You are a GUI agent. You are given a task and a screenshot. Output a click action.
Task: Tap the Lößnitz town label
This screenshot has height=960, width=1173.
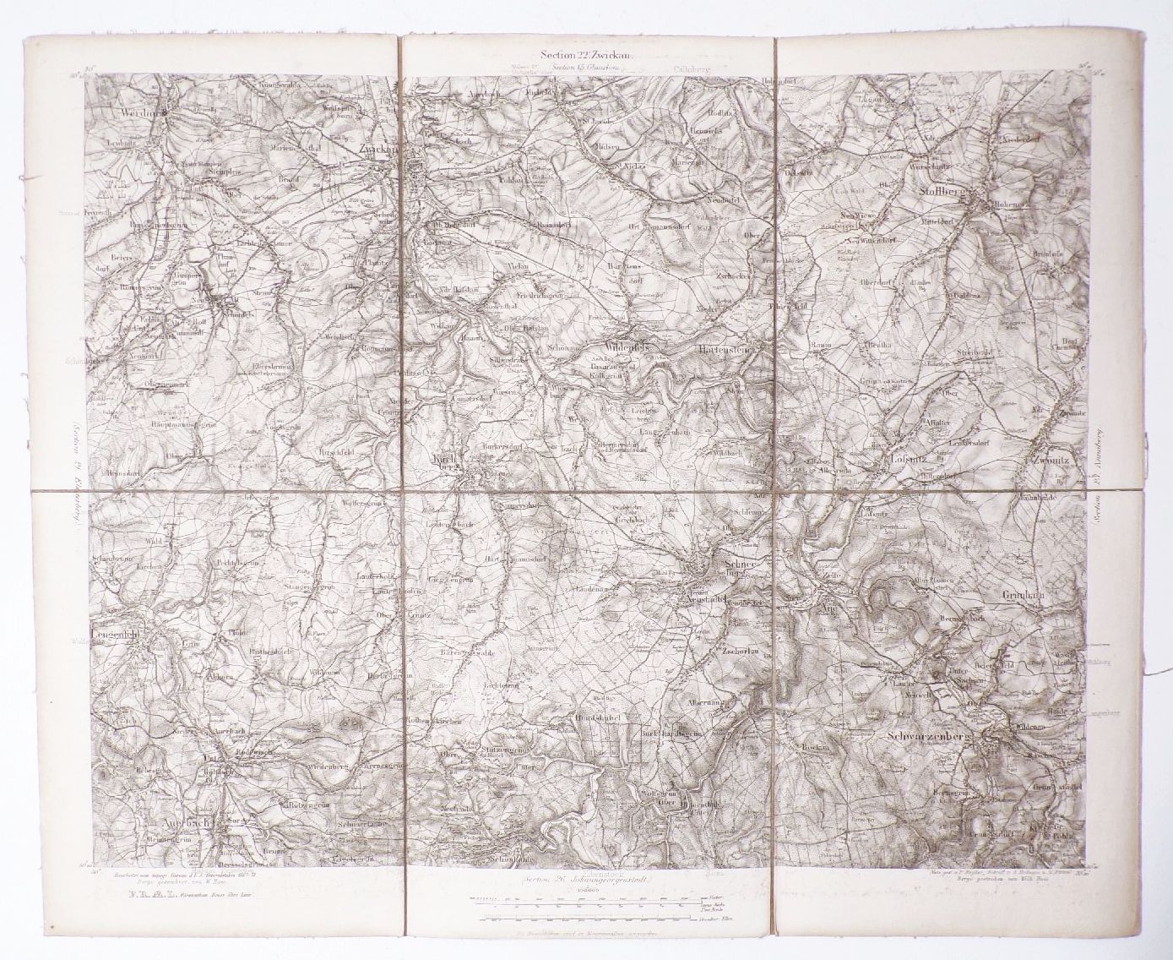pos(913,459)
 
